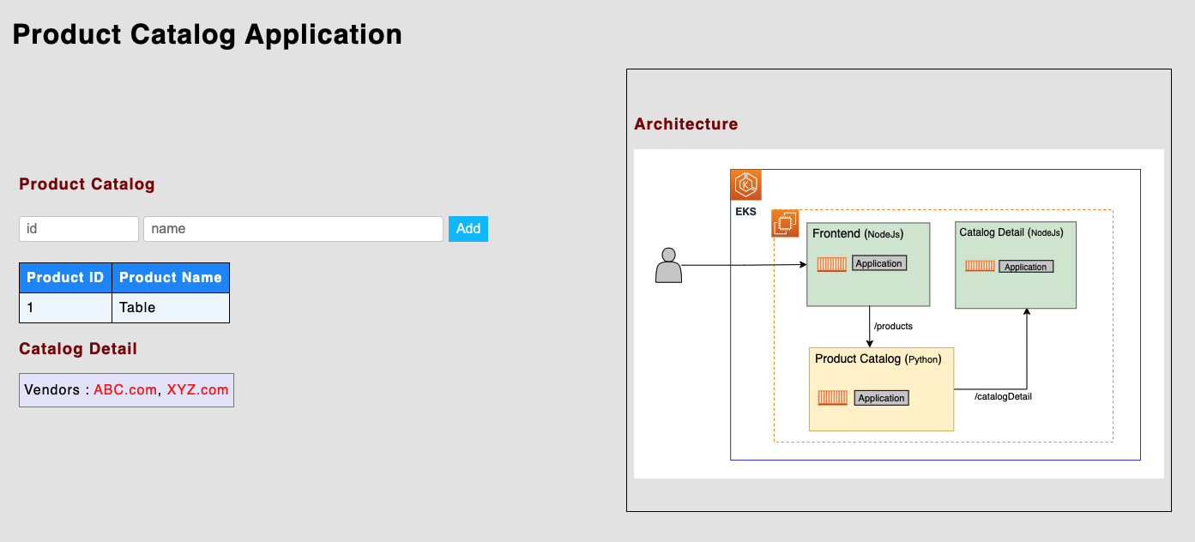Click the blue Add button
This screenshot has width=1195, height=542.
click(468, 229)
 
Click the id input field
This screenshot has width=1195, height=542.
click(79, 229)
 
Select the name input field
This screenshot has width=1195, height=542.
click(293, 229)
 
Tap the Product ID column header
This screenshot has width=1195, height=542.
click(65, 278)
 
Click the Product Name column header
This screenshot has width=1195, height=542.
click(170, 278)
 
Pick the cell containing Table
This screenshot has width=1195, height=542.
click(170, 308)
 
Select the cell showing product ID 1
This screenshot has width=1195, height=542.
click(65, 308)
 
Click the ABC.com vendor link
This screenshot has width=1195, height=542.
click(125, 389)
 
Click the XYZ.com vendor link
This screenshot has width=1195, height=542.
click(197, 389)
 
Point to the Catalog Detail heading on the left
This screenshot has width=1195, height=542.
click(78, 349)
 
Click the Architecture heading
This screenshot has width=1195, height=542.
click(685, 124)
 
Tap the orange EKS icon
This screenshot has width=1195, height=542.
click(745, 185)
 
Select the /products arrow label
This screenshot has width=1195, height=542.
click(892, 327)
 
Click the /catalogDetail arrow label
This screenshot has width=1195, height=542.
click(1003, 397)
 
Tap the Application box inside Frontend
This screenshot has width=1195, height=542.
click(878, 263)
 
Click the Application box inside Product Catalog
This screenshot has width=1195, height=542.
click(881, 398)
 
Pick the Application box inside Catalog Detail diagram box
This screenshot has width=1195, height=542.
click(1025, 267)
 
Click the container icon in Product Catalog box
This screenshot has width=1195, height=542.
click(832, 398)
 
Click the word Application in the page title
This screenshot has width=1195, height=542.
click(323, 34)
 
